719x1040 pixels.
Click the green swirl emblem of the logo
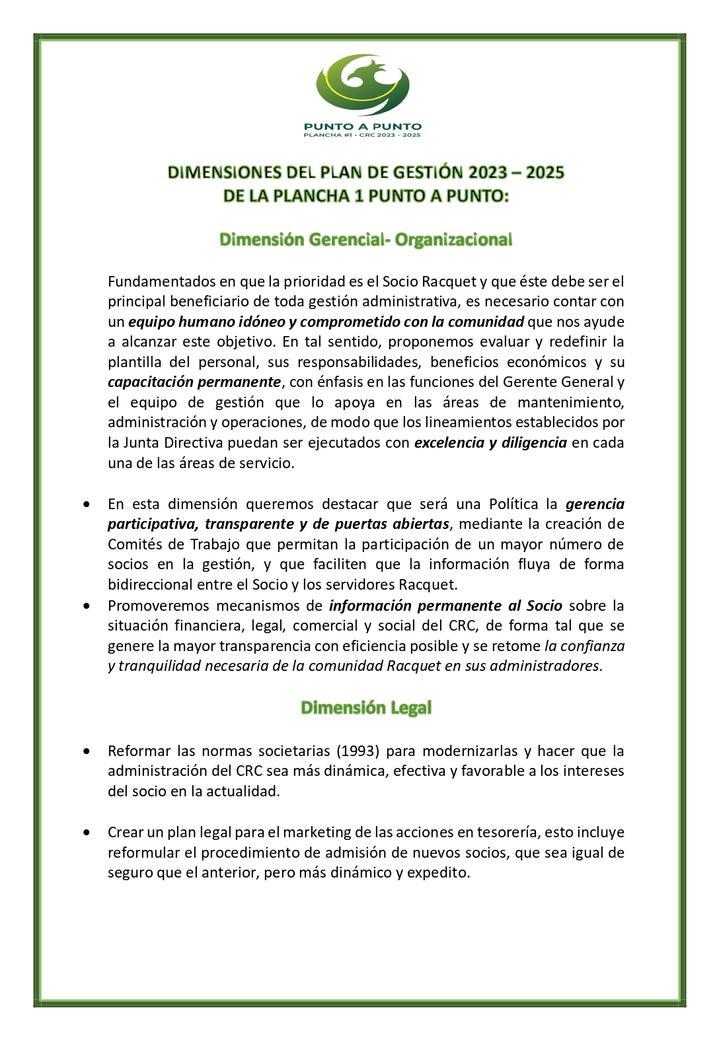(x=363, y=85)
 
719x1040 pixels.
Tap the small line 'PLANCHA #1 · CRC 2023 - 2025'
(x=362, y=135)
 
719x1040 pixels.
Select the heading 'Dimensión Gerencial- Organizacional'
(x=365, y=240)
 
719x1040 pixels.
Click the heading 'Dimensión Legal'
(x=365, y=708)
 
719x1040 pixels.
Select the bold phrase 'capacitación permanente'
(x=194, y=382)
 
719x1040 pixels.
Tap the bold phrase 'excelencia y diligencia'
(x=490, y=443)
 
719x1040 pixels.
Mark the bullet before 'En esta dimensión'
(x=87, y=504)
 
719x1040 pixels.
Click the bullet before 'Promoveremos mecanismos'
(x=87, y=606)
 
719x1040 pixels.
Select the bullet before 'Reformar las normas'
(x=87, y=751)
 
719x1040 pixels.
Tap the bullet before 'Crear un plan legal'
(x=87, y=833)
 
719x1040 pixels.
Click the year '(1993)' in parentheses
(x=358, y=751)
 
